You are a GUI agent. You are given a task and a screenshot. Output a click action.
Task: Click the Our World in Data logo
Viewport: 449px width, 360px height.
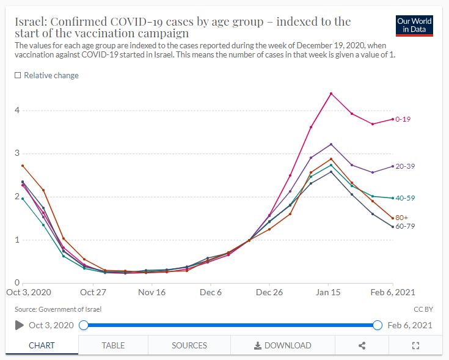click(414, 25)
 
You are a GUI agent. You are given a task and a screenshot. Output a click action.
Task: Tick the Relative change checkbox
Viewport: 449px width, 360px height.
click(18, 75)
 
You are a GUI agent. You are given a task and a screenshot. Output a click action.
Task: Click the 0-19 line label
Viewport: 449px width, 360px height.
click(403, 119)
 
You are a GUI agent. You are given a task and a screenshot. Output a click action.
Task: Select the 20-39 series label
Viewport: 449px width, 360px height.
click(406, 166)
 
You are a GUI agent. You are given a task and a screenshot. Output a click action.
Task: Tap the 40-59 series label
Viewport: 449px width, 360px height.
click(406, 198)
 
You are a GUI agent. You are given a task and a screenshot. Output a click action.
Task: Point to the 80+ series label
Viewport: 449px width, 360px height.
click(401, 218)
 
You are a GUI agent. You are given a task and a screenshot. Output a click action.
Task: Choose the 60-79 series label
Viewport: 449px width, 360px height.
click(406, 227)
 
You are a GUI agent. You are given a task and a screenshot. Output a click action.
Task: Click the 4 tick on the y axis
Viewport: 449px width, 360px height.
click(18, 111)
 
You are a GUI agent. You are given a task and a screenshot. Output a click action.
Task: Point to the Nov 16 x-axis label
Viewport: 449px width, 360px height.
click(152, 293)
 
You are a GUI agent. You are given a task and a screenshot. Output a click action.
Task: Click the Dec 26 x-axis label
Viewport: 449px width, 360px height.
click(269, 293)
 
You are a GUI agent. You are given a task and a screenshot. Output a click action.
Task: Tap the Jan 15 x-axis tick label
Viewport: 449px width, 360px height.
click(329, 293)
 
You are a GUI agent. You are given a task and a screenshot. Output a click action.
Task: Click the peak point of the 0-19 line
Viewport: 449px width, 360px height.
click(330, 94)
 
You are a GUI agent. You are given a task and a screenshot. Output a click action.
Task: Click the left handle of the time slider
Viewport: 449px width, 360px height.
click(84, 325)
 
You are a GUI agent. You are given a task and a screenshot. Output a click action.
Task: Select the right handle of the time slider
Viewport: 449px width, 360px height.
click(378, 325)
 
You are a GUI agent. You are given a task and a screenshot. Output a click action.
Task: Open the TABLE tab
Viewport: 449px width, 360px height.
click(113, 345)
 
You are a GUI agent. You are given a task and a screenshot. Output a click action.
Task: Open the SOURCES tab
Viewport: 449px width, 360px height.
click(189, 345)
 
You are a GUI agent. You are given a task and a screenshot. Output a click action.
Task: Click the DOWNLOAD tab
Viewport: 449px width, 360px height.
click(282, 345)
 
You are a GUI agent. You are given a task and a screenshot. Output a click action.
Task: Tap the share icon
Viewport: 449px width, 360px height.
click(362, 345)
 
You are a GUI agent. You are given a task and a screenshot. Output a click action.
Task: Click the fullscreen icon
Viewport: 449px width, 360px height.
click(416, 345)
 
